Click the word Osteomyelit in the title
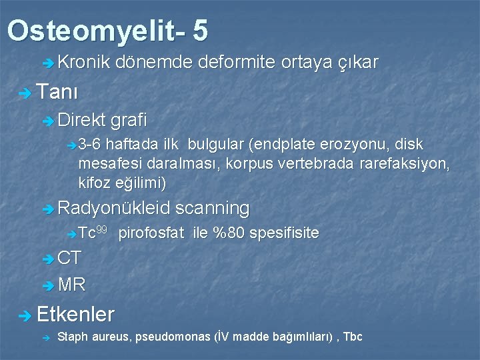click(93, 31)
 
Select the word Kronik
click(84, 63)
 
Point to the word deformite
click(237, 63)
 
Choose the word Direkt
click(81, 120)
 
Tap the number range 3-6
click(90, 145)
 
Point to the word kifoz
click(94, 182)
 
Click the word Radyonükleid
click(114, 208)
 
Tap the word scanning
click(213, 208)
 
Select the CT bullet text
click(69, 259)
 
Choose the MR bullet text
click(71, 285)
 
